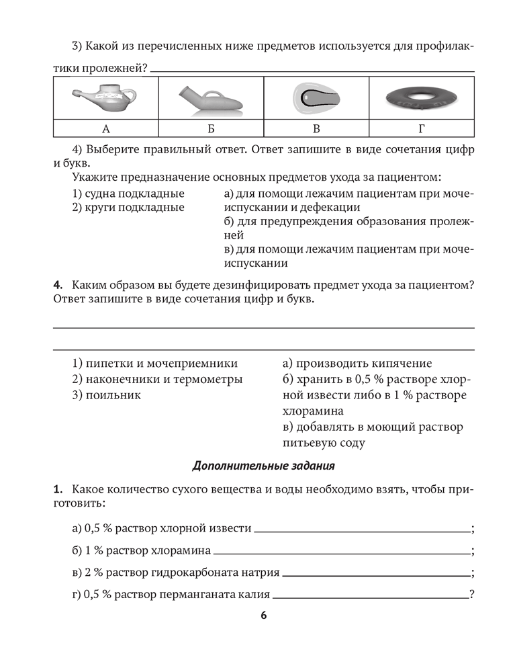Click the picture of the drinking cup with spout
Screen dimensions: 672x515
105,97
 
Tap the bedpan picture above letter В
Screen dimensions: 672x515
316,98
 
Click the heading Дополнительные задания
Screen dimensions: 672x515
263,465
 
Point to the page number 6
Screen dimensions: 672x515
264,616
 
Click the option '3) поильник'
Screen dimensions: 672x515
106,395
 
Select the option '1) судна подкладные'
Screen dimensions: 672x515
128,194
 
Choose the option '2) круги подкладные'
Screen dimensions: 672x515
128,208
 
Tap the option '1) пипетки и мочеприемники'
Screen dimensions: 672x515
154,363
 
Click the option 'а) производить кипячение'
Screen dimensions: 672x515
357,363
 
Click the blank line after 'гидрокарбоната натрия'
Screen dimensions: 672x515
375,576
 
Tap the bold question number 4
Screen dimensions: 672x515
58,285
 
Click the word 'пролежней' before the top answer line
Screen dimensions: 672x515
113,68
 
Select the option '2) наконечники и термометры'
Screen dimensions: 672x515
157,379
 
